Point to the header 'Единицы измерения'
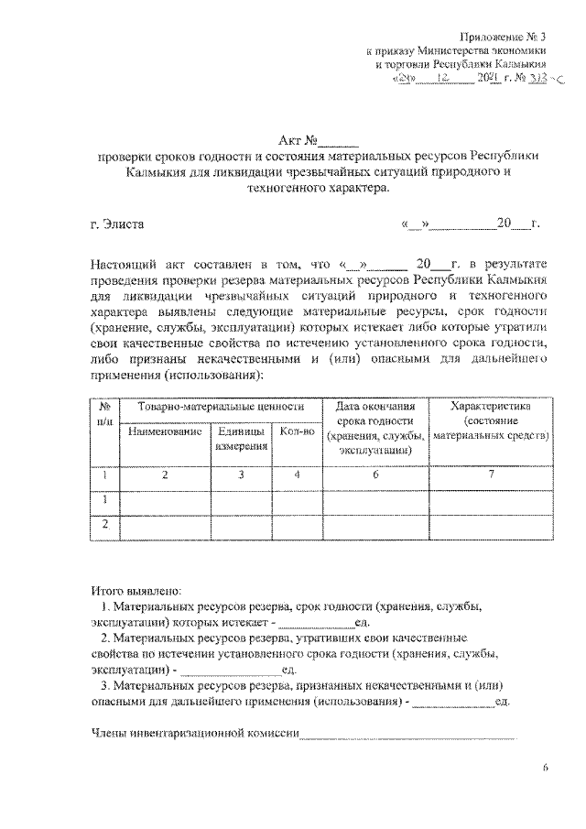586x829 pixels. [242, 439]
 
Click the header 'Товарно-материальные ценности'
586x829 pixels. [221, 406]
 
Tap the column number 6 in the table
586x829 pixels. [374, 474]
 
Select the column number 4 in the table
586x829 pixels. [297, 474]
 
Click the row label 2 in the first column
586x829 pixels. [105, 525]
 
